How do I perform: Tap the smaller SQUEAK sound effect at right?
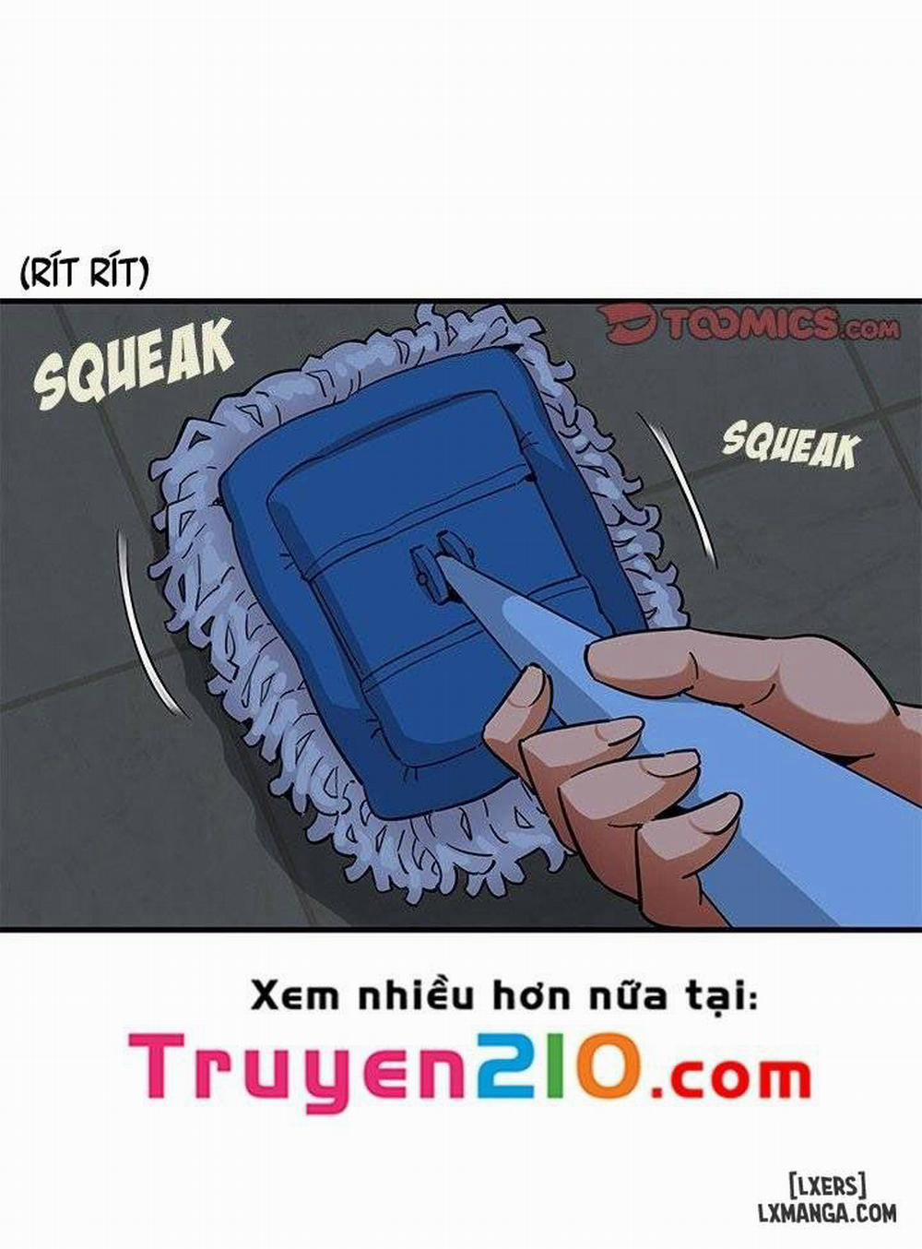point(789,446)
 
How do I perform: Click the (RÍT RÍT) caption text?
point(84,272)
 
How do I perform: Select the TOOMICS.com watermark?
point(749,324)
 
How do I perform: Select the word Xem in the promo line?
point(289,995)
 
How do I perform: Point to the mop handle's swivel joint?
point(433,565)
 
